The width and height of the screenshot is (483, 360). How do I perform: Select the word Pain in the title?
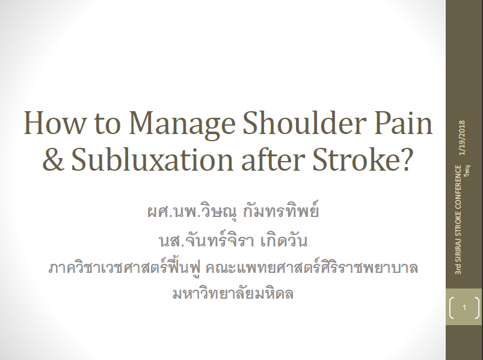point(404,123)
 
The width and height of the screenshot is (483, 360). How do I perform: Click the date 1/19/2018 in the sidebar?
point(462,138)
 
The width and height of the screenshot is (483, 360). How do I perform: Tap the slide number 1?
point(464,307)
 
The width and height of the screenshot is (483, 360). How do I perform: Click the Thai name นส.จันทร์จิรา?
point(207,240)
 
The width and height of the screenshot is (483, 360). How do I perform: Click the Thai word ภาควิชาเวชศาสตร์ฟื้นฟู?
point(125,267)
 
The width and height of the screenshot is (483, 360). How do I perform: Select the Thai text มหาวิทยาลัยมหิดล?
point(233,293)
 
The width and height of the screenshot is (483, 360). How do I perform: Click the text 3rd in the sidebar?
point(459,269)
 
